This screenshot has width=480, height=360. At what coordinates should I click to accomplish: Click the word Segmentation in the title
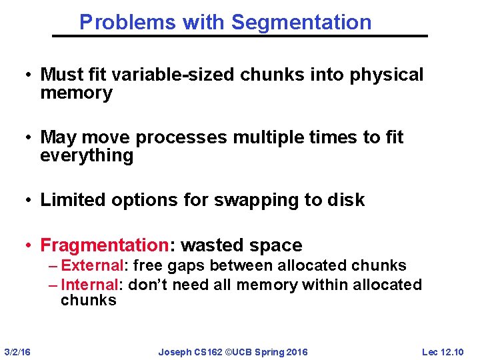pyautogui.click(x=301, y=23)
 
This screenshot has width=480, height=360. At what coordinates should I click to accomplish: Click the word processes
pyautogui.click(x=183, y=137)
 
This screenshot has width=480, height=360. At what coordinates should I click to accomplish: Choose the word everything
pyautogui.click(x=87, y=156)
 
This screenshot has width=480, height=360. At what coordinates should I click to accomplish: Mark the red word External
pyautogui.click(x=89, y=266)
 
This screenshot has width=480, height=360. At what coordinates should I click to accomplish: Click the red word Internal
pyautogui.click(x=89, y=285)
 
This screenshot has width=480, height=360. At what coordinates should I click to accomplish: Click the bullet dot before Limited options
pyautogui.click(x=31, y=200)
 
